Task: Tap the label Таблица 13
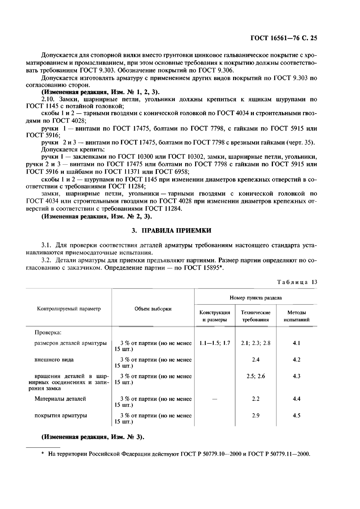297,282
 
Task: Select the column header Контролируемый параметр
69,309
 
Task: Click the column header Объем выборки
153,309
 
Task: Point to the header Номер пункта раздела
256,298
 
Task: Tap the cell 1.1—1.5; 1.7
215,343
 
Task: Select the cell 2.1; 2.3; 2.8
256,343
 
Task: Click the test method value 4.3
297,376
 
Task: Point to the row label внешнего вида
54,360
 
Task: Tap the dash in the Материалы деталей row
215,399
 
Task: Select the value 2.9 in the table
256,415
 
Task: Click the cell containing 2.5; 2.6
256,376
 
